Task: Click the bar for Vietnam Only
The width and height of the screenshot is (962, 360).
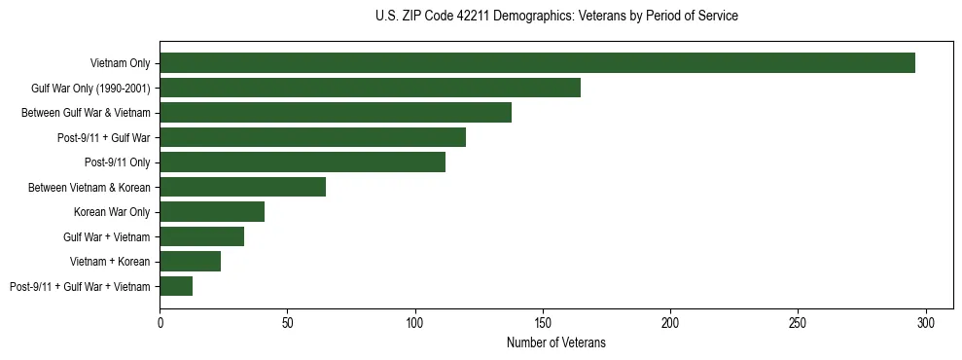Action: [537, 63]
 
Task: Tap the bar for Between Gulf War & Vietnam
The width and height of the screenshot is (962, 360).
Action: [336, 113]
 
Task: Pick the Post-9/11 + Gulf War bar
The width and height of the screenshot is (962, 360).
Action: [312, 137]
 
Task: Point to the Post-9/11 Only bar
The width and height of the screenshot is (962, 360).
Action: [303, 162]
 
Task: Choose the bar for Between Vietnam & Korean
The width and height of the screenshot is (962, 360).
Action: [242, 187]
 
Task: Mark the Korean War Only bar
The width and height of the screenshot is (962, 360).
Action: [212, 212]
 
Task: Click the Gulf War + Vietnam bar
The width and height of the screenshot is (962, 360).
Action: [201, 236]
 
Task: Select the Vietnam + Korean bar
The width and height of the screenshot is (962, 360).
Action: [190, 261]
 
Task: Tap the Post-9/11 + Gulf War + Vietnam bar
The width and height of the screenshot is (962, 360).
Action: [176, 286]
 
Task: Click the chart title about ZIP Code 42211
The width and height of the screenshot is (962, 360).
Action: [556, 16]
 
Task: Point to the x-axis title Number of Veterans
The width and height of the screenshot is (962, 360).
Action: [556, 342]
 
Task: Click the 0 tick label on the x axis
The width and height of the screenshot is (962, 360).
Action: [160, 322]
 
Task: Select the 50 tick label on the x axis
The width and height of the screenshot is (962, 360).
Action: [287, 322]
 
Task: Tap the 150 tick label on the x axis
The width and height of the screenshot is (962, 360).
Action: [543, 322]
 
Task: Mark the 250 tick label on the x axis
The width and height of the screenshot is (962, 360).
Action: [798, 322]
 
